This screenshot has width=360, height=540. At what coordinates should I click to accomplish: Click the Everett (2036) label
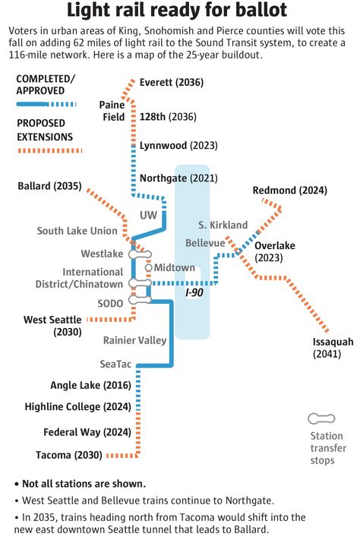[172, 82]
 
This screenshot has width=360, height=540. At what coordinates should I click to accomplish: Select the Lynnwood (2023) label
[178, 144]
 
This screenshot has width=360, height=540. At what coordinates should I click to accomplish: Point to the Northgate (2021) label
[178, 178]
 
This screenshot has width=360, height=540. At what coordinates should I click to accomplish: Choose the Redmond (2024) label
[289, 190]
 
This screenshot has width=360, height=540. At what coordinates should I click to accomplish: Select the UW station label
[149, 216]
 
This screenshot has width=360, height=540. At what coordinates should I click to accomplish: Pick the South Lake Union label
[77, 231]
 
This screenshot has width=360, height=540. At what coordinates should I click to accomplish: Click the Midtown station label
[175, 267]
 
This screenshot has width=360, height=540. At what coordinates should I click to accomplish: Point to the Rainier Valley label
[134, 340]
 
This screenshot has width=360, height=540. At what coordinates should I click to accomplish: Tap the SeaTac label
[116, 364]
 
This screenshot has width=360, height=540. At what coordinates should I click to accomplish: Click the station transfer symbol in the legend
[321, 418]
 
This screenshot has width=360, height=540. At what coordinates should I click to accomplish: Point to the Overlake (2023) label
[274, 251]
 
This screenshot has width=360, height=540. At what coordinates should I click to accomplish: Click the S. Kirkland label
[223, 225]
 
